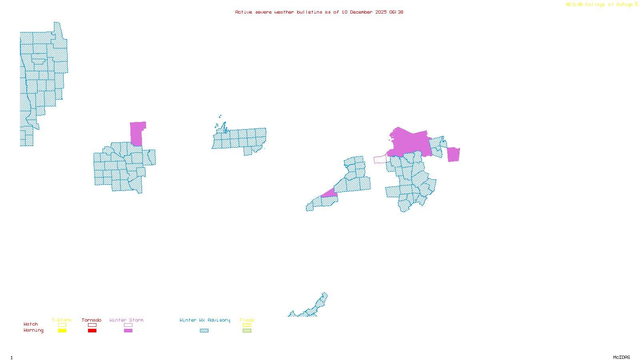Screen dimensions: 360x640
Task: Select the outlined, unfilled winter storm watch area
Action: (380, 160)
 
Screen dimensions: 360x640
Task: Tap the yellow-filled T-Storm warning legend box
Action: (62, 331)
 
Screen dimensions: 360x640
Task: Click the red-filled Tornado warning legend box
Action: (92, 331)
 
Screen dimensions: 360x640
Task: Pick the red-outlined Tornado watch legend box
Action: (92, 325)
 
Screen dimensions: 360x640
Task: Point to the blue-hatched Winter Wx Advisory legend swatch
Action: (204, 331)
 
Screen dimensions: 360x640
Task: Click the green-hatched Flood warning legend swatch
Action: (247, 331)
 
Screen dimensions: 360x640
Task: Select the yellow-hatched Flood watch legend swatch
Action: (247, 325)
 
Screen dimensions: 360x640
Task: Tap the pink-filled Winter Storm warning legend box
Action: (128, 331)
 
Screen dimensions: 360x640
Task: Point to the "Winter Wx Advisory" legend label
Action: (205, 320)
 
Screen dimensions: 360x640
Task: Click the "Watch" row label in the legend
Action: (31, 324)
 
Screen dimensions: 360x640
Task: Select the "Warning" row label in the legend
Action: (34, 330)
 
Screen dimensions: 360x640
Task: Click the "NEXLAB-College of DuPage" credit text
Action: (599, 5)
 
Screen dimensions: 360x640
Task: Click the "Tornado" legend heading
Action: (92, 320)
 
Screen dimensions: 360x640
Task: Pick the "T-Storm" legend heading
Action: (62, 320)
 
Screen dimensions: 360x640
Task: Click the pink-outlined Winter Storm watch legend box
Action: (128, 325)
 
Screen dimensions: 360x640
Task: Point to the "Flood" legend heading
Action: (247, 320)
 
